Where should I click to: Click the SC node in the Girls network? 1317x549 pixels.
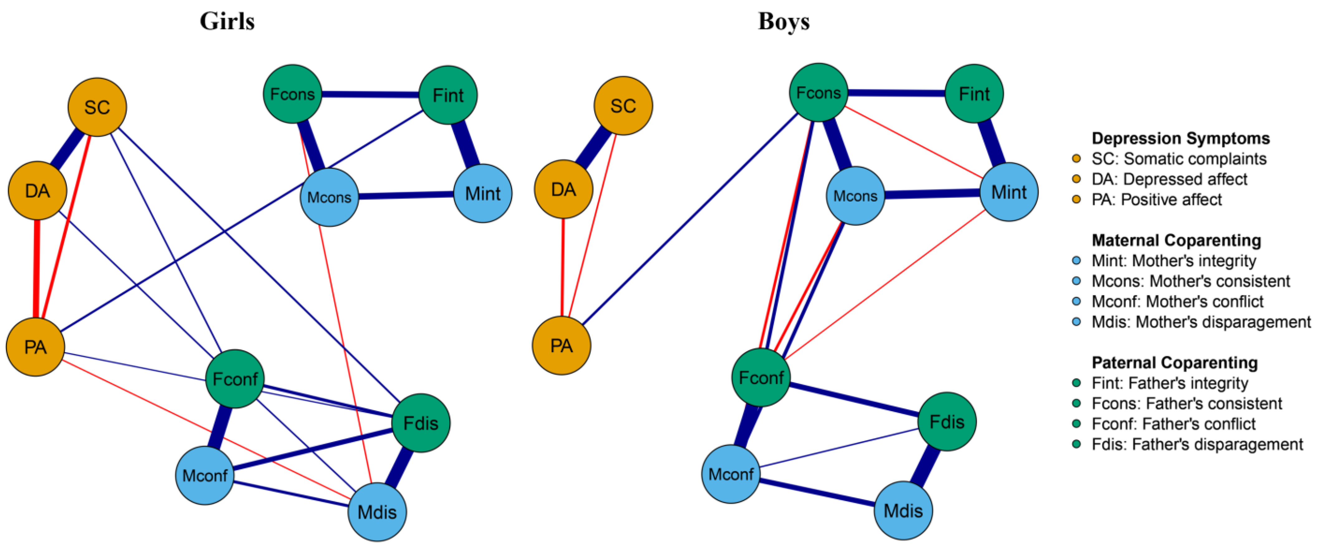pos(97,107)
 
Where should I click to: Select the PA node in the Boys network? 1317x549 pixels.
pos(561,346)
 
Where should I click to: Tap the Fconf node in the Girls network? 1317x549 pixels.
pos(235,379)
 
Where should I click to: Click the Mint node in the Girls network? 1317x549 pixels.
pos(483,193)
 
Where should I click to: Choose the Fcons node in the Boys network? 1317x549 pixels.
pos(818,93)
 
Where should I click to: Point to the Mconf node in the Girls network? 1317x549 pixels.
pos(204,475)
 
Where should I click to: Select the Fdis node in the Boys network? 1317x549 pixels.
pos(947,422)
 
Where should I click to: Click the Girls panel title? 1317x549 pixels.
pos(227,22)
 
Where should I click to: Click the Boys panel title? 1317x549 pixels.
pos(784,22)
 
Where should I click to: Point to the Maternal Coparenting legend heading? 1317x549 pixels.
pos(1176,240)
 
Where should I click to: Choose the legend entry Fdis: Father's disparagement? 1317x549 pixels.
pos(1197,444)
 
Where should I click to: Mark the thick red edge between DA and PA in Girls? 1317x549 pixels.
pos(37,269)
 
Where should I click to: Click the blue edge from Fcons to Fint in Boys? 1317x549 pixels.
pos(896,93)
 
